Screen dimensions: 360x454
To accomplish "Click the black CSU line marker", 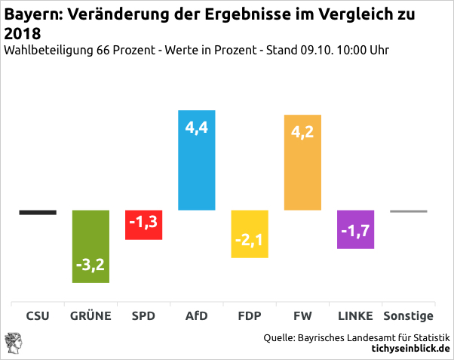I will (38, 212).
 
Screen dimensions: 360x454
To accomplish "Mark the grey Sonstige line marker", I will (409, 211).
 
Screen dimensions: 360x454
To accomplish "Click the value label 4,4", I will (196, 128).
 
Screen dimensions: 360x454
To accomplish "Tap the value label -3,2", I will (90, 266).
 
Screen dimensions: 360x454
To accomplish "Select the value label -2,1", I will (250, 242).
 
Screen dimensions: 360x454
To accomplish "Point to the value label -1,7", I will (356, 231).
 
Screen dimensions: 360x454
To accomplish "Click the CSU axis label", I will (38, 315).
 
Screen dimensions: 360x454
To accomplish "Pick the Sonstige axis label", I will (409, 315).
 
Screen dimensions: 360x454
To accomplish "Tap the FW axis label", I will (302, 315).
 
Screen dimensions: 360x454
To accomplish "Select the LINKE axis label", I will (356, 315).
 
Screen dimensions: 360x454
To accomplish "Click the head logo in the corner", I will (13, 342).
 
